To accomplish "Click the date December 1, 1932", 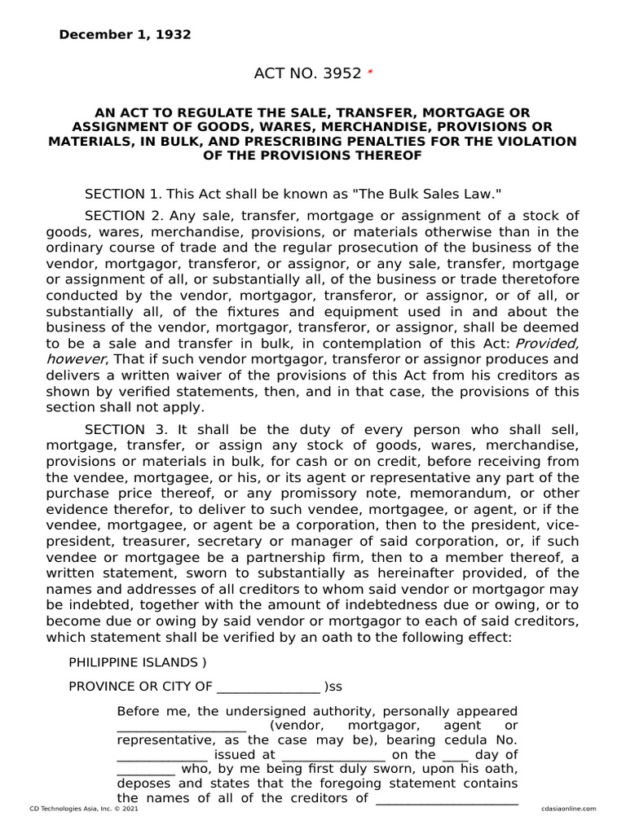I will click(125, 35).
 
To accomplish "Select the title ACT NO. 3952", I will click(307, 73).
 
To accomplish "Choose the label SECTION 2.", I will click(122, 215).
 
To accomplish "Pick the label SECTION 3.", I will click(122, 428).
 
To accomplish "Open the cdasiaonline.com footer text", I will click(568, 808).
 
